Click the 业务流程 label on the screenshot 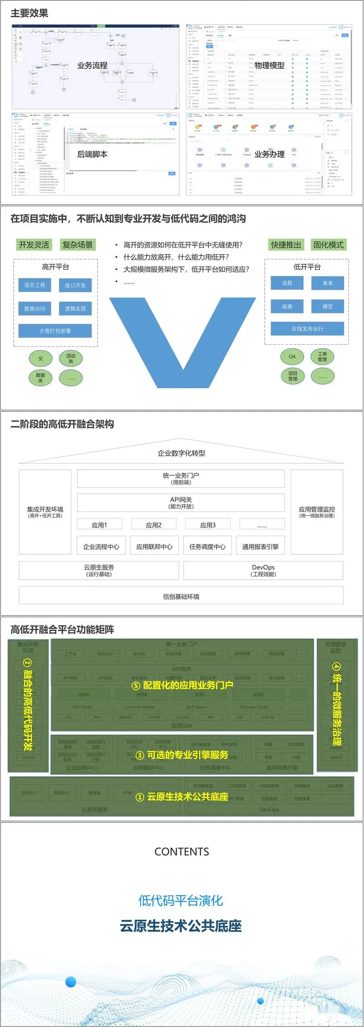tap(92, 65)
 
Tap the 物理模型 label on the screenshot tap(269, 65)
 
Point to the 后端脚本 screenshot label tap(92, 155)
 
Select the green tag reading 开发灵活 tap(34, 245)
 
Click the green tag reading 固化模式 tap(328, 245)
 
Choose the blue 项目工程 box tap(35, 285)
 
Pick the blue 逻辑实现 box tap(75, 309)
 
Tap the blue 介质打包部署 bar tap(55, 331)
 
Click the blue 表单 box tap(328, 283)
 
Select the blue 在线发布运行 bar tap(307, 329)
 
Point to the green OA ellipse tap(292, 357)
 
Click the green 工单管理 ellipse tap(322, 357)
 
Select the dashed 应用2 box tap(154, 525)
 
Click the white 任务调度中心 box tap(207, 546)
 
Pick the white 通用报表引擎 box tap(260, 546)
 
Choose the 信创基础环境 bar tap(181, 596)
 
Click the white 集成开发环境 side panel tap(45, 512)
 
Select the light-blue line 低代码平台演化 tap(181, 900)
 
